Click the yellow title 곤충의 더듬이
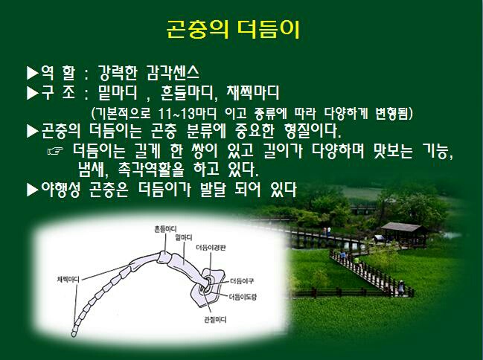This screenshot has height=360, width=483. [x=233, y=29]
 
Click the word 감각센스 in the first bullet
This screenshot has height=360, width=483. [x=173, y=73]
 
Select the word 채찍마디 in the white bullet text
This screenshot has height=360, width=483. [x=252, y=92]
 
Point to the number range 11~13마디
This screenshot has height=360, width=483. [x=188, y=114]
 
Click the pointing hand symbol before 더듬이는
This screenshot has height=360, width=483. [x=56, y=151]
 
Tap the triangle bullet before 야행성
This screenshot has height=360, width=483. [x=32, y=190]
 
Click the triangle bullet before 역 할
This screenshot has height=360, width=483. [x=32, y=73]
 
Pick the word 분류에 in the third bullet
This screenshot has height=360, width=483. [x=206, y=132]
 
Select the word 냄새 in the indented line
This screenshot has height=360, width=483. [x=92, y=170]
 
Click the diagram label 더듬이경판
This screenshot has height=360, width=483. [x=211, y=248]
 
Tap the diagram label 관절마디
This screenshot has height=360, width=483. [x=215, y=320]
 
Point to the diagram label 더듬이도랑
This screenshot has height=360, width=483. [x=243, y=297]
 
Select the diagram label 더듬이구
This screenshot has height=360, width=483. [x=242, y=281]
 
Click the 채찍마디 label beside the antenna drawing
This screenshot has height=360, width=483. [x=68, y=280]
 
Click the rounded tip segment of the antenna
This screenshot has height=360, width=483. [x=74, y=333]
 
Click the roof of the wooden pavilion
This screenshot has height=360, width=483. [x=403, y=228]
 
